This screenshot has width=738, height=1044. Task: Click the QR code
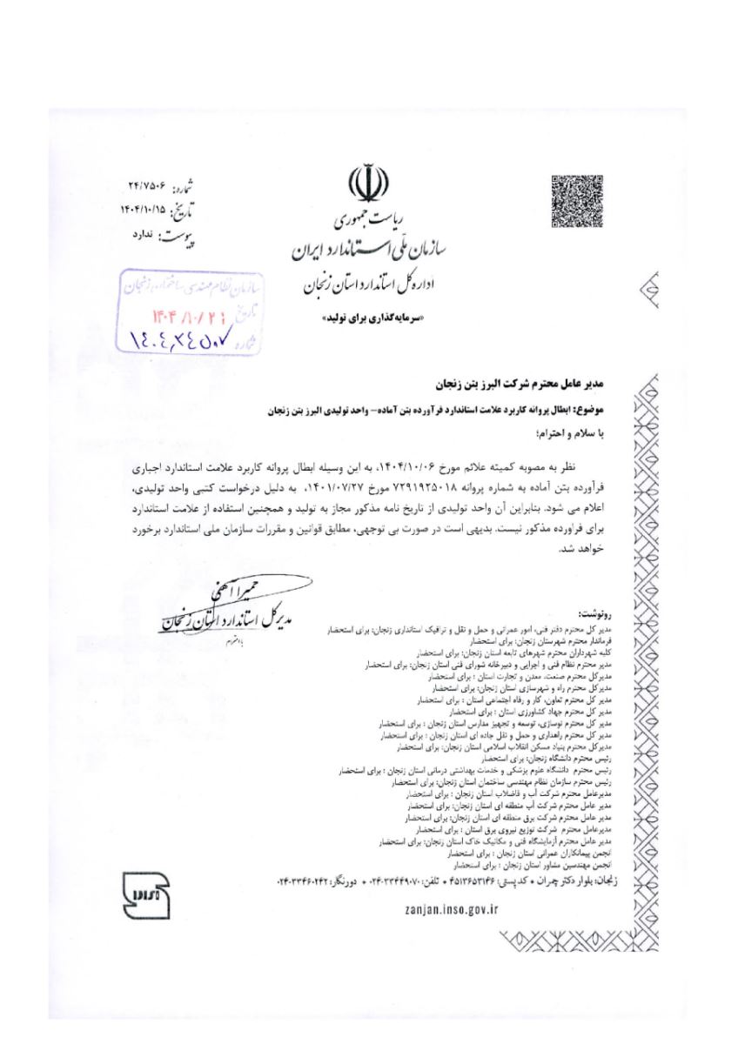point(576,201)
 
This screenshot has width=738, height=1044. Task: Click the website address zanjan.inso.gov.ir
point(451,908)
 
